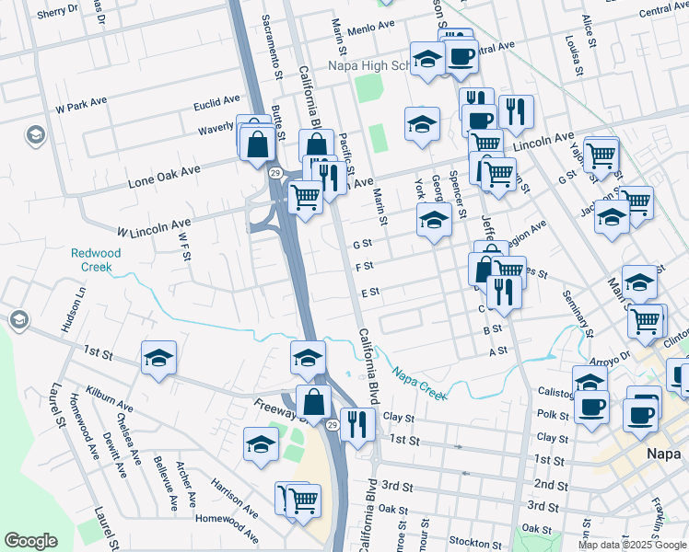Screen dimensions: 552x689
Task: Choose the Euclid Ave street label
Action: (x=216, y=100)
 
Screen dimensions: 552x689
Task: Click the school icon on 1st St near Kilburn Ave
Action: (x=158, y=357)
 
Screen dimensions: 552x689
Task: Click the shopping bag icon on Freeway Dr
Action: (x=314, y=401)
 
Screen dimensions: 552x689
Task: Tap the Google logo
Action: (x=30, y=541)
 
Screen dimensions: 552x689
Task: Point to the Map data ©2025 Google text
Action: (x=632, y=545)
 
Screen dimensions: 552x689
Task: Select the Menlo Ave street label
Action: (x=372, y=29)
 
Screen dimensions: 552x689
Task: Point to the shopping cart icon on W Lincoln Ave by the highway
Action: (x=306, y=195)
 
